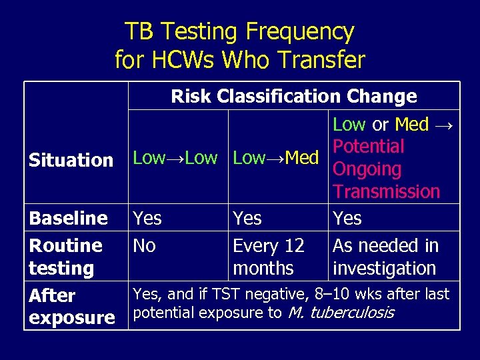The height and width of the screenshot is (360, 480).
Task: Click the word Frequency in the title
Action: pos(300,31)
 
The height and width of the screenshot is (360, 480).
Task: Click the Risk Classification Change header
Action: pos(293,96)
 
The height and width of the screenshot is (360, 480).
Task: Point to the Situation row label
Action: pos(71,160)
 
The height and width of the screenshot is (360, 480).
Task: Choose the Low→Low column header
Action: pos(175,158)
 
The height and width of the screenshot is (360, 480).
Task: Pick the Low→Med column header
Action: pos(275,158)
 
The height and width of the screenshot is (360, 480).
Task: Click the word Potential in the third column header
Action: pos(368,146)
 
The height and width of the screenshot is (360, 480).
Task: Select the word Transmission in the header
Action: pos(386,191)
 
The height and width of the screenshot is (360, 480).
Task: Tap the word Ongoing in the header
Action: pos(367,169)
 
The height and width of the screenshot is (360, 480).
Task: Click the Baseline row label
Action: pos(68,218)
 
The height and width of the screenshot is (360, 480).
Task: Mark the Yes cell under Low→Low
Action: pos(147,218)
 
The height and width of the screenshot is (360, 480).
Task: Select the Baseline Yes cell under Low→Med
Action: pos(247,218)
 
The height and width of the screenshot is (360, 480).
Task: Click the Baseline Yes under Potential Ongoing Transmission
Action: pos(347,218)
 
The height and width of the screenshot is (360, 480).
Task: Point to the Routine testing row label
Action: pos(65,257)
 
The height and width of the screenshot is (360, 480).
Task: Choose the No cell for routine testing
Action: pos(144,245)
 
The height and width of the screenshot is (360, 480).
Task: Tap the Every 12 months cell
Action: pos(268,257)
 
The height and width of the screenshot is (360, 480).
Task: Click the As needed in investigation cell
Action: pos(385,257)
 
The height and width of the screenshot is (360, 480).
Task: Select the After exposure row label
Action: pos(71,306)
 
